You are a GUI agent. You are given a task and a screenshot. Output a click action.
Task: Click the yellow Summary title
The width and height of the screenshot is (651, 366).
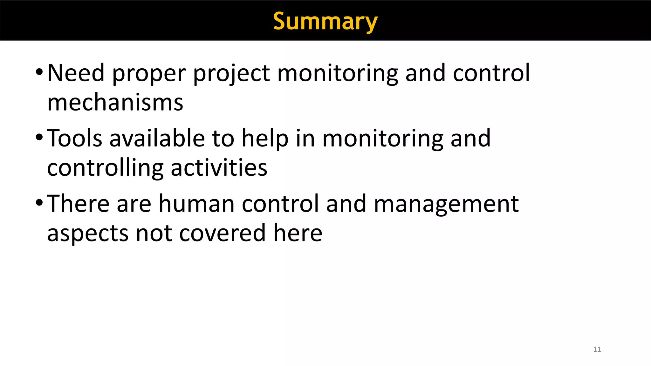325,21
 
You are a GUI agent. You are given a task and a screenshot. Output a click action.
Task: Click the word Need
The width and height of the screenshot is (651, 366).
76,73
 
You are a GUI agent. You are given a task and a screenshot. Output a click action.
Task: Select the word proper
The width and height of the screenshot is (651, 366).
149,74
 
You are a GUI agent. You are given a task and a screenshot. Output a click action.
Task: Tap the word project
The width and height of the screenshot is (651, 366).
231,74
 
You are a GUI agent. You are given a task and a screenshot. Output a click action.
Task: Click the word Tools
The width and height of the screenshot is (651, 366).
75,138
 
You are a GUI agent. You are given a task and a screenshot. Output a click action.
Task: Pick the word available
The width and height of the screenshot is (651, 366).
157,138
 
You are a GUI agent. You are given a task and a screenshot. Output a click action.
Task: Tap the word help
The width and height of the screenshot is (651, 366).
265,139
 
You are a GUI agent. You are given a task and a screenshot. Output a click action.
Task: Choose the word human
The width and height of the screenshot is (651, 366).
196,204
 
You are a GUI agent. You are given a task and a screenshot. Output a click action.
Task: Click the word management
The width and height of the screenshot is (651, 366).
446,204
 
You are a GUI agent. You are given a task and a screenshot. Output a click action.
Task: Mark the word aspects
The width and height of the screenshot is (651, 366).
88,234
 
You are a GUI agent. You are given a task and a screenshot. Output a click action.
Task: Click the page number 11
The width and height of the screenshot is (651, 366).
597,349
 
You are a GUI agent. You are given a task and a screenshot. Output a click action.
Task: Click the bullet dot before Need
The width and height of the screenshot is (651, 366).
39,71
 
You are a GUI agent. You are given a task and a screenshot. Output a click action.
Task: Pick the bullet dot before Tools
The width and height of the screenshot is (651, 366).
39,137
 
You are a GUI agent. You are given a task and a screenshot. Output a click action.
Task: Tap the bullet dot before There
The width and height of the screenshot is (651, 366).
39,202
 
